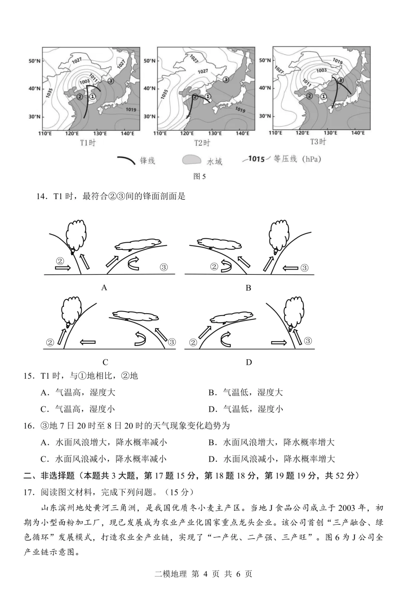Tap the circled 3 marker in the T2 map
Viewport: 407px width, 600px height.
click(225, 79)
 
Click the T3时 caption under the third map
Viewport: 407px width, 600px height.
click(318, 142)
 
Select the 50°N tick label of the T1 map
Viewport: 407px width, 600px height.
click(34, 61)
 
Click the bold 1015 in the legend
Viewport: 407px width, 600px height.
click(257, 159)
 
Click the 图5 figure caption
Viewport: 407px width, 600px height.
click(199, 176)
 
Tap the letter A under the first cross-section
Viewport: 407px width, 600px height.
click(104, 288)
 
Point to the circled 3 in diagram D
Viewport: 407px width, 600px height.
click(308, 341)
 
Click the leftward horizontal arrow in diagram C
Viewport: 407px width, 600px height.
click(87, 342)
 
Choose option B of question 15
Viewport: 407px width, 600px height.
click(245, 392)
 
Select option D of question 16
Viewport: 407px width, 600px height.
click(271, 459)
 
